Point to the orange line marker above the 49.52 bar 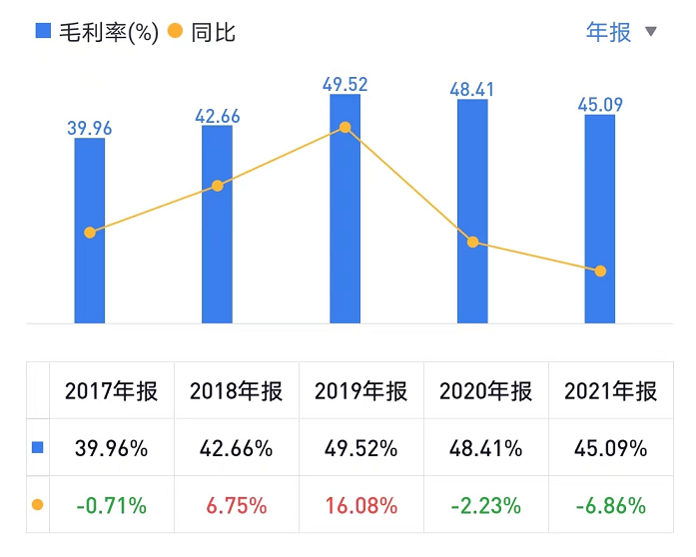tap(345, 128)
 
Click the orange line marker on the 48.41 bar tap(472, 242)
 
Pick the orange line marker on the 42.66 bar tap(217, 186)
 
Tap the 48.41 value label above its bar tap(472, 88)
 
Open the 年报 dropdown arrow tap(651, 32)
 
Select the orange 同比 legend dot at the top tap(175, 32)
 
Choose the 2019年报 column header tap(360, 391)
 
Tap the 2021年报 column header tap(610, 391)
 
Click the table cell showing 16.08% tap(360, 506)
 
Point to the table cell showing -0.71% tap(111, 506)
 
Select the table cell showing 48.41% tap(485, 448)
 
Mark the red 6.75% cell tap(236, 506)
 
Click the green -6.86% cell tap(610, 506)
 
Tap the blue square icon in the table tap(38, 448)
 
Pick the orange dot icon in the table tap(38, 505)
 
